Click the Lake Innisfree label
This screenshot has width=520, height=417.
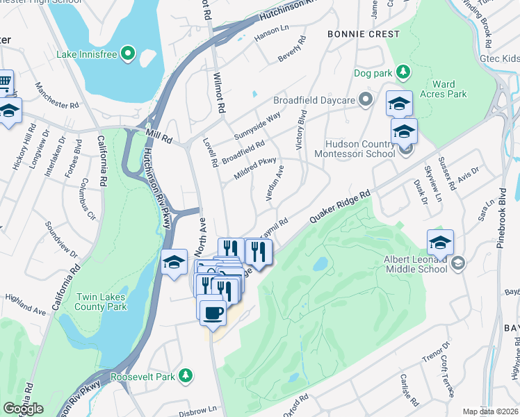pos(86,53)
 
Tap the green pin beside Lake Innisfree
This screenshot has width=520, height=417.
pos(128,53)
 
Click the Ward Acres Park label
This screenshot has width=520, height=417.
pos(449,88)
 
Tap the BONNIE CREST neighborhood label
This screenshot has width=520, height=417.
pos(369,34)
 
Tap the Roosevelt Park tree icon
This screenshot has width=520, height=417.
pos(186,376)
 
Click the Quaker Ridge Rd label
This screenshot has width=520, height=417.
pos(340,206)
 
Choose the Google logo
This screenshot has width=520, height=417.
pos(23,409)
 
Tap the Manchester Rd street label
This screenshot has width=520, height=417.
pos(57,97)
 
